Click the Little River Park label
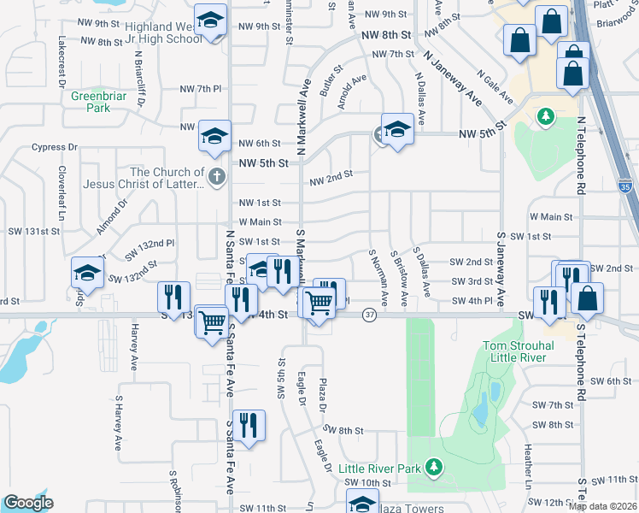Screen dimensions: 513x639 (x=380, y=469)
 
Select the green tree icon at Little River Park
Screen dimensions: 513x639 (x=435, y=466)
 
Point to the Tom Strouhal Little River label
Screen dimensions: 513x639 (x=521, y=352)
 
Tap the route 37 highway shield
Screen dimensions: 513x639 (x=369, y=315)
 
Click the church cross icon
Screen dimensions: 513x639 (x=216, y=176)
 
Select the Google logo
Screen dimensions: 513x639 (x=27, y=503)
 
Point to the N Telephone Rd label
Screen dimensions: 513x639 (x=581, y=154)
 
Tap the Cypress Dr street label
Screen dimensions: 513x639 (x=49, y=147)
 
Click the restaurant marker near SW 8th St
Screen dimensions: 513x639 (x=249, y=426)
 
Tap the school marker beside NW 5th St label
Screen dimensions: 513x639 (x=396, y=129)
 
